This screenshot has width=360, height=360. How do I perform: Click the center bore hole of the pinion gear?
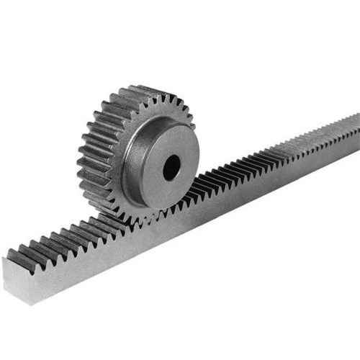(x=171, y=168)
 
